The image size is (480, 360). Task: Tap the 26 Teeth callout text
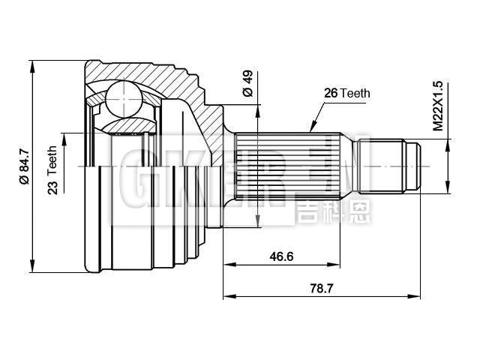tap(346, 93)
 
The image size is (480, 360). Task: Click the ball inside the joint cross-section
tap(122, 97)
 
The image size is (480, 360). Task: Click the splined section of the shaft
tap(285, 166)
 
